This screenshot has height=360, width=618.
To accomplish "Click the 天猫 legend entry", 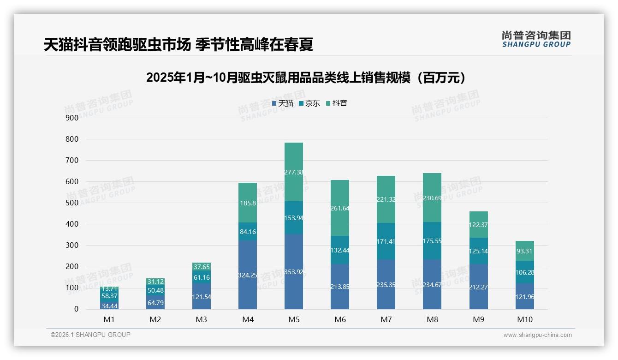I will click(283, 103).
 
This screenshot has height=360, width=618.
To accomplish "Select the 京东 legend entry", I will click(309, 103).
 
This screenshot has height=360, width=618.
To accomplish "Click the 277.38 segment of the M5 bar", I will click(294, 172).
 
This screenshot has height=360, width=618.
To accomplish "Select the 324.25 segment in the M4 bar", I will click(248, 275).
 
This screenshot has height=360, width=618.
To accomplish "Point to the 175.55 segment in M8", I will click(432, 240).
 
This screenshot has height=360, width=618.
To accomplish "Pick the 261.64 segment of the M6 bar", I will click(340, 208).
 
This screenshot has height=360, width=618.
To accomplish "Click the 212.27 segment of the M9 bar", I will click(479, 287).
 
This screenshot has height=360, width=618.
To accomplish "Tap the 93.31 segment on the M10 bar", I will click(525, 251).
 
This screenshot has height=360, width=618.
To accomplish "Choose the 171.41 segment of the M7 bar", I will click(386, 241).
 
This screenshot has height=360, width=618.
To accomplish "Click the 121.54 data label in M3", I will click(202, 297).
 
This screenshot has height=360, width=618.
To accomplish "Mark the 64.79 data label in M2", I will click(155, 303).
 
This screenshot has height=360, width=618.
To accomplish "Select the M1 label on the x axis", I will click(109, 319).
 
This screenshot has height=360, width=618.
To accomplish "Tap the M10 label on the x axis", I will click(525, 319).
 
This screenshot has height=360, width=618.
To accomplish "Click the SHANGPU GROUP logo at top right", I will click(536, 39).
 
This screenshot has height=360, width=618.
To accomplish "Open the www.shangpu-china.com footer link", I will click(537, 335).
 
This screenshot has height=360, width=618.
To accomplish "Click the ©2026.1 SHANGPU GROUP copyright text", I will click(90, 335).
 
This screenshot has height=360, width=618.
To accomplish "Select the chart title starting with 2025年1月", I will click(306, 78).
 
